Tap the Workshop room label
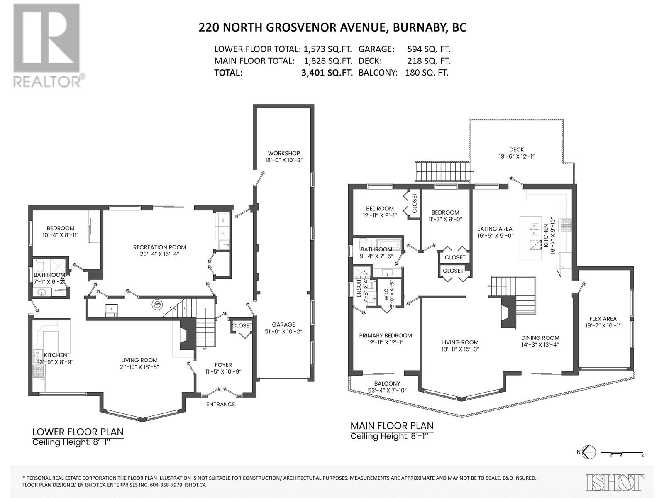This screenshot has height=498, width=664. point(284,156)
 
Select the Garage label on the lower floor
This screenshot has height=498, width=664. point(283,328)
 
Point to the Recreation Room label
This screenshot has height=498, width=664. point(159,250)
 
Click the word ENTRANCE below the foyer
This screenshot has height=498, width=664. point(220,404)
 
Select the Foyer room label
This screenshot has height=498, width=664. point(223,368)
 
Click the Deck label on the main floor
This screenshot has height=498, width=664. point(516,153)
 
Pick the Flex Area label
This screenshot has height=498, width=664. point(603,322)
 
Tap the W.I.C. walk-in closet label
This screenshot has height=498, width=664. point(389,293)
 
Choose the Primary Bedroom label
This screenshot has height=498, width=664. point(386,339)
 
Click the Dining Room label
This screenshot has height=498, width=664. point(540,341)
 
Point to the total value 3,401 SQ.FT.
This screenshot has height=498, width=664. point(327,73)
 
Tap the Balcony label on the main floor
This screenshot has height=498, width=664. point(387,387)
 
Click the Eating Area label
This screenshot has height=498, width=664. point(495,232)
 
